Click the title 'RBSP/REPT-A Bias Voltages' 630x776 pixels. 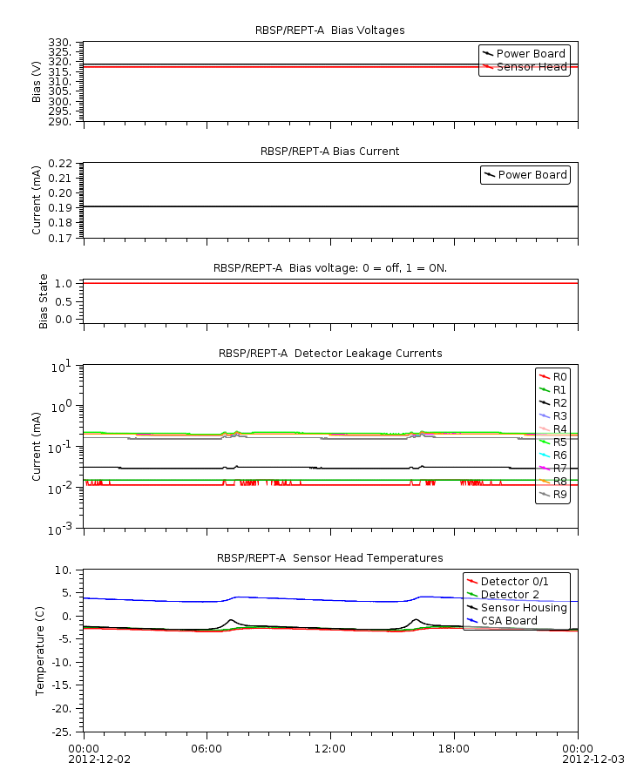click(329, 30)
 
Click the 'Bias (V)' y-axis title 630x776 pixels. click(37, 81)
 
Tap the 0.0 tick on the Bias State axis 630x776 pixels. click(62, 319)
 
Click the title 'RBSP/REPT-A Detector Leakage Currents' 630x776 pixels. click(329, 354)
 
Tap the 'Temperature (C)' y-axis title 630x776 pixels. click(39, 651)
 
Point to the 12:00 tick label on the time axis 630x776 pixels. click(330, 748)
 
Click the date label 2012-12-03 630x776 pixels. click(597, 759)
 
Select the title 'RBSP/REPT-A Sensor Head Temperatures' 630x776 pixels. click(329, 558)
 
